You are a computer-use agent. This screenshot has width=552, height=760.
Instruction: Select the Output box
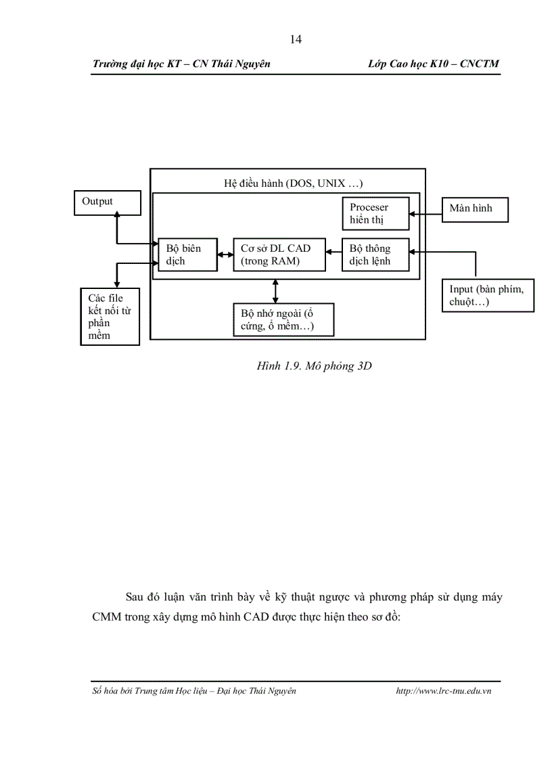point(107,202)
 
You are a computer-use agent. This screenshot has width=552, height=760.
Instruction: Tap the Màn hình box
point(474,208)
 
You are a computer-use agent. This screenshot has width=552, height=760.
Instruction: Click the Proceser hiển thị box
point(375,213)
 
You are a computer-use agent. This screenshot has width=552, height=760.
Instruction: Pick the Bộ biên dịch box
point(187,254)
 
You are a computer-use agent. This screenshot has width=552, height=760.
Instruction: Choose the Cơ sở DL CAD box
point(278,254)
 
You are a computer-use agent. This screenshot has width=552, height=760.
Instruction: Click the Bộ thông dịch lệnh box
point(375,254)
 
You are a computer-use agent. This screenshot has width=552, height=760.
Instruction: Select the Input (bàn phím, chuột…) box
point(487,295)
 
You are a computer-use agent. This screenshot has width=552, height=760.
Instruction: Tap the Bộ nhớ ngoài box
point(283,320)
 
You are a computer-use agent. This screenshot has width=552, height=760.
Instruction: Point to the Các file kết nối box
point(110,316)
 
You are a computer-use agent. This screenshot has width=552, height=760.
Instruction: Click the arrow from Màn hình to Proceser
point(425,215)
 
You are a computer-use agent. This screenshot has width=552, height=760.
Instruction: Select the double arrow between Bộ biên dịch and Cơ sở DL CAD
point(225,255)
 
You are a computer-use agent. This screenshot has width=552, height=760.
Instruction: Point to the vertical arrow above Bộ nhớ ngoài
point(275,290)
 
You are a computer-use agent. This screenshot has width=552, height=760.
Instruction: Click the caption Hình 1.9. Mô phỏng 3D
point(315,366)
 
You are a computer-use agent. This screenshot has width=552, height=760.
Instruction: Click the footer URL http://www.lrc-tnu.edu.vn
point(443,691)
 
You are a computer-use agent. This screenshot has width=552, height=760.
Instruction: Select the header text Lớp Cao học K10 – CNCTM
point(433,64)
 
